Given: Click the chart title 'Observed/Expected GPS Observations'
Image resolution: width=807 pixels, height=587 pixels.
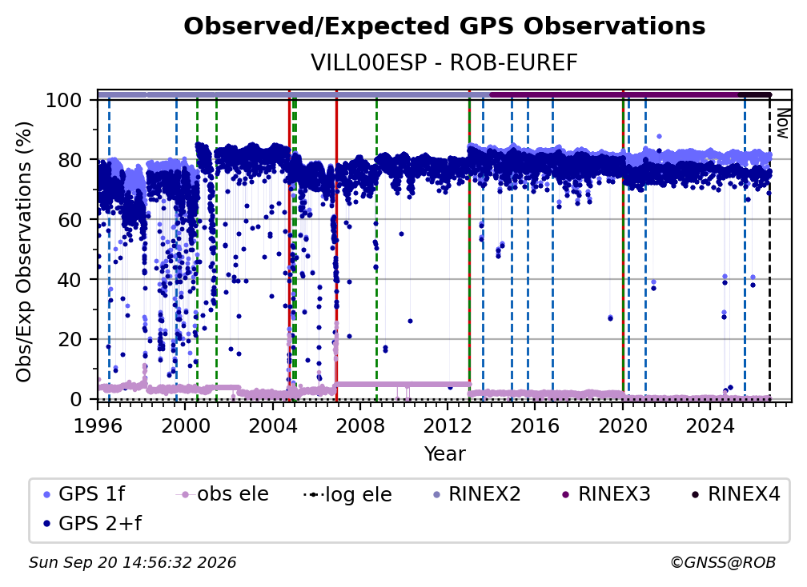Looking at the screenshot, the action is coord(444,26).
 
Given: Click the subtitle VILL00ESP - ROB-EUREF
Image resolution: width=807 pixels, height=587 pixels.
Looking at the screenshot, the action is coord(444,63).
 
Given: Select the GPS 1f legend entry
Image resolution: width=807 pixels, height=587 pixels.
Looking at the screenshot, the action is coord(85,494).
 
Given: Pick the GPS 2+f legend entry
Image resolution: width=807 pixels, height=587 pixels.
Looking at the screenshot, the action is coord(93,523).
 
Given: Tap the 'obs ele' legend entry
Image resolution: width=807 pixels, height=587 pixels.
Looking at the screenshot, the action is coord(223,494).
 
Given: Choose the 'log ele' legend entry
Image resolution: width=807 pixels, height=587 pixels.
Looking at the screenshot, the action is coord(348,494).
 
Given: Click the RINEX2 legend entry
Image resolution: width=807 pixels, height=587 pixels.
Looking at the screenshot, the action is coord(477,494).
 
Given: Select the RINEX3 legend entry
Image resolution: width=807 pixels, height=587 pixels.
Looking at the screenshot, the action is coord(607,494).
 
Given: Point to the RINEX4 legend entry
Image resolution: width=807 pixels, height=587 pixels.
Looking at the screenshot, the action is coord(737,494).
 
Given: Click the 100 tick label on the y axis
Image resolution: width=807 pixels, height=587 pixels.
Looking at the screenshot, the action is coord(64,100).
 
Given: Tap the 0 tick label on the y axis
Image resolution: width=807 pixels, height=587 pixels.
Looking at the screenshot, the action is coord(75,399).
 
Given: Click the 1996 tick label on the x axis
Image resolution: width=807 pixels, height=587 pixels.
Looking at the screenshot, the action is coord(98,426).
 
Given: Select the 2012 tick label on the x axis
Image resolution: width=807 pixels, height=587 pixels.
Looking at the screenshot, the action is coord(448,426).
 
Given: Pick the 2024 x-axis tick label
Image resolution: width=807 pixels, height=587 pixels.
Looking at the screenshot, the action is coord(709,426).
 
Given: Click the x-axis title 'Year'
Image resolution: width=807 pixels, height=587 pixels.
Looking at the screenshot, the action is coord(444,454).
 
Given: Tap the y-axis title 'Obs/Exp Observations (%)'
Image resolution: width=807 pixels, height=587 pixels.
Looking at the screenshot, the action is coord(24,251).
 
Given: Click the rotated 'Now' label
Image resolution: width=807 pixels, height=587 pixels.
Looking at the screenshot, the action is coord(782,123).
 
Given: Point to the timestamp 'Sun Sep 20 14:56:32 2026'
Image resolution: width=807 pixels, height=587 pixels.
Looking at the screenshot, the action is coord(132,563).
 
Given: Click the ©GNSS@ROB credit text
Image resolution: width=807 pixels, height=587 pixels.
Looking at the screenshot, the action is coord(723,563).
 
